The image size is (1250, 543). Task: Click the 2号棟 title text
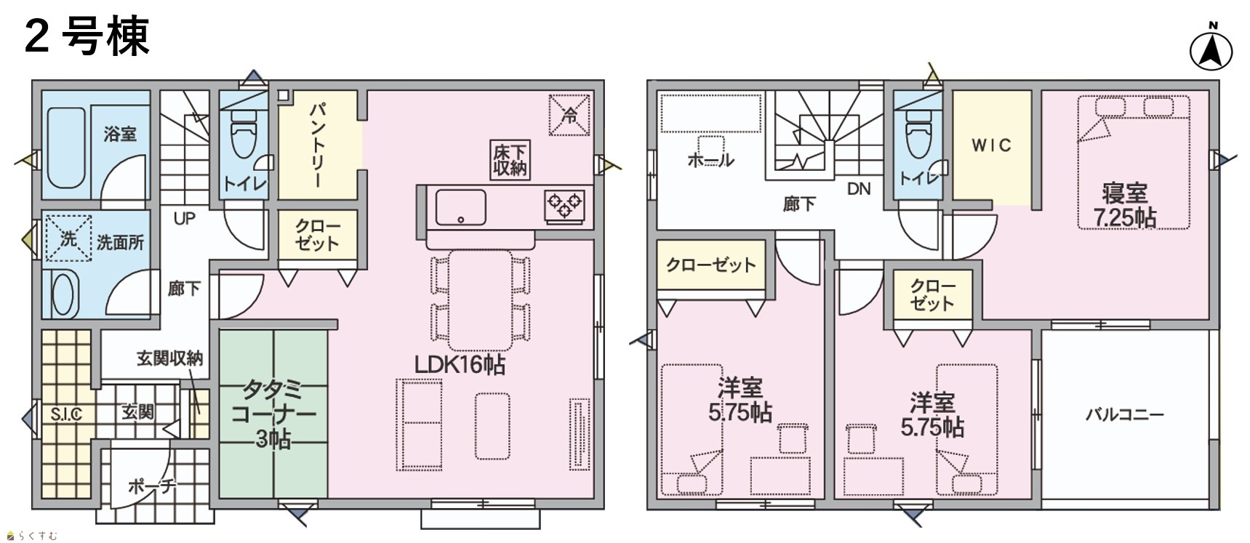(87, 36)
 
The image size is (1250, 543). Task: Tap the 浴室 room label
(120, 134)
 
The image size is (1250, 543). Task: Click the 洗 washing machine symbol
(68, 237)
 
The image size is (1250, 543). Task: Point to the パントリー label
(318, 145)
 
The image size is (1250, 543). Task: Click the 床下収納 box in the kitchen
(510, 160)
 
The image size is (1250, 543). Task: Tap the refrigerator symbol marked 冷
(569, 114)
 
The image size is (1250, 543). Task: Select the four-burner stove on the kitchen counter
(564, 206)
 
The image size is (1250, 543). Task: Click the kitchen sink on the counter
(460, 207)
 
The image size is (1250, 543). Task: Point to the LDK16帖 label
(460, 364)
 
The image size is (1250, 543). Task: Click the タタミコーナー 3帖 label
(273, 413)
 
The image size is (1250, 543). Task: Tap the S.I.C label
(66, 414)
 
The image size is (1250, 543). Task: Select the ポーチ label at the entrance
(152, 486)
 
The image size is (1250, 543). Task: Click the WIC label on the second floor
(991, 145)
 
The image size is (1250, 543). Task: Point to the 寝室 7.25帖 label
(1124, 205)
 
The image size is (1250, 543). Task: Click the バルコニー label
(1124, 414)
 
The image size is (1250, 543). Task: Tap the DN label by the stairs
(859, 189)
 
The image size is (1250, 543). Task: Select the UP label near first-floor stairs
(184, 218)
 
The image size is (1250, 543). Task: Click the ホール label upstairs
(710, 160)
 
